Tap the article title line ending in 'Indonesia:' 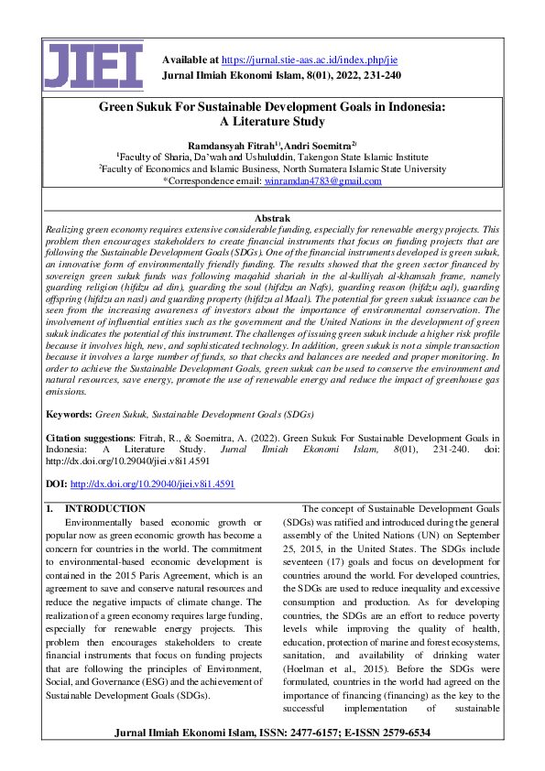coord(272,107)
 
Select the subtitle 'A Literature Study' coord(272,122)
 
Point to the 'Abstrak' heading coord(272,218)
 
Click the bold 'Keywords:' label coord(69,415)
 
